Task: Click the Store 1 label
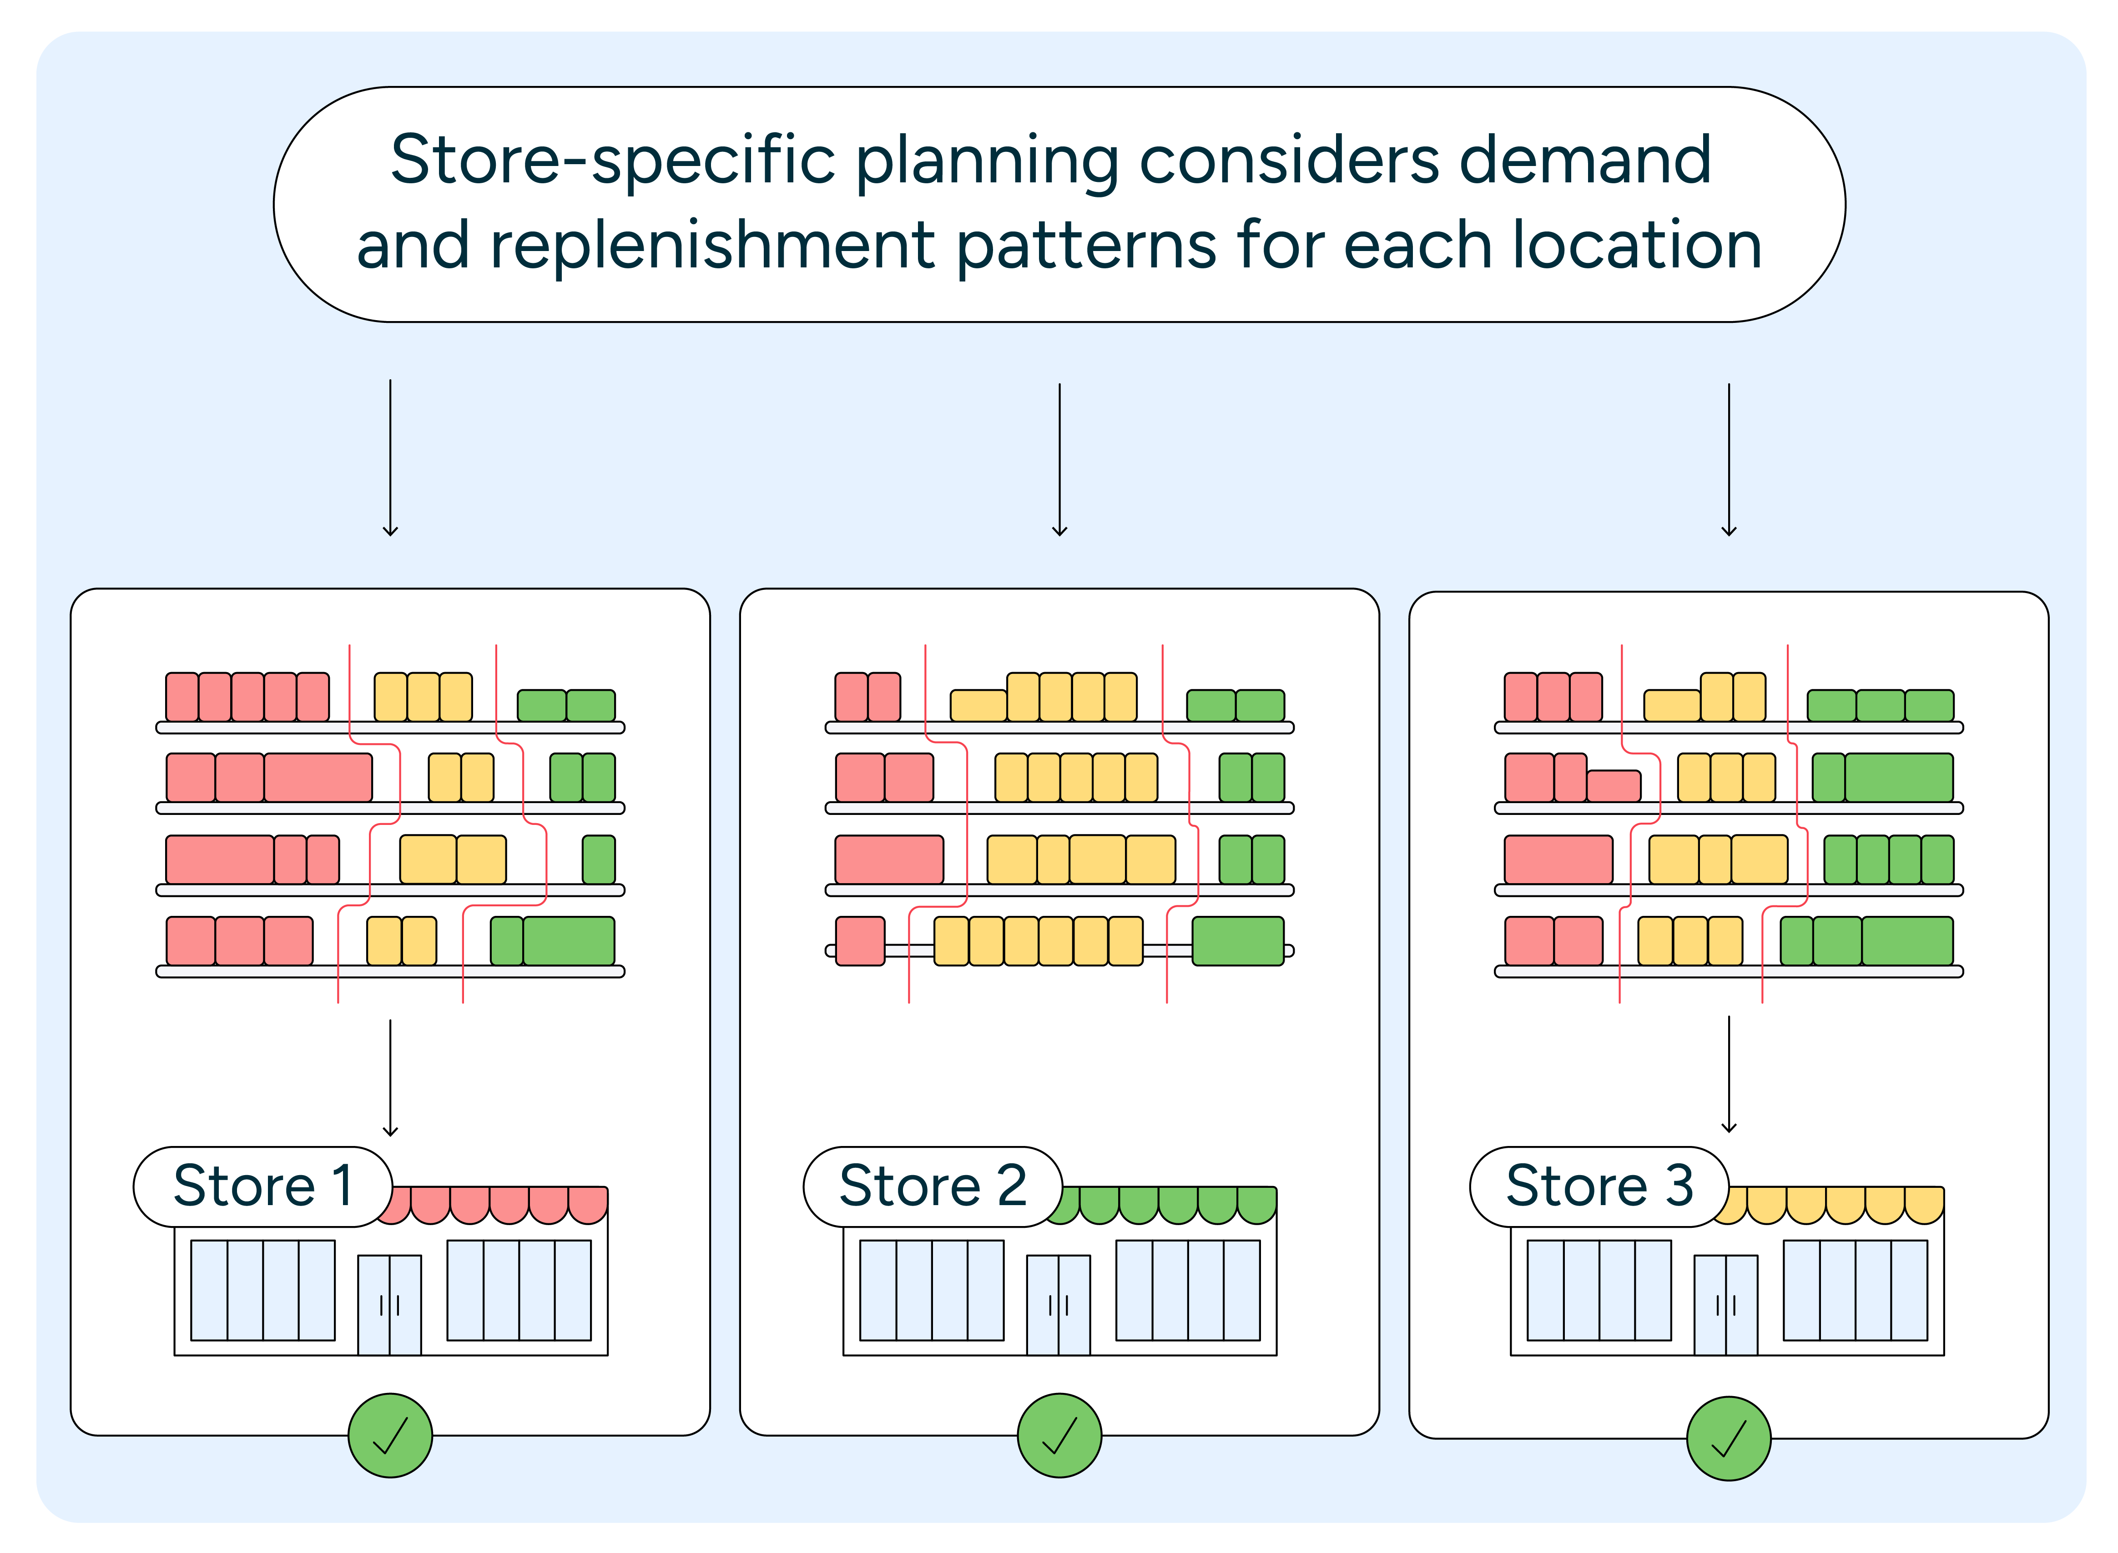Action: tap(262, 1186)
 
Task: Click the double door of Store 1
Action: tap(389, 1304)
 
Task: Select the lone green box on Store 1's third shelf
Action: tap(599, 859)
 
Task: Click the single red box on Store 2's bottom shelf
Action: tap(860, 941)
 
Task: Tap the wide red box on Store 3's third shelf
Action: tap(1558, 859)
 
